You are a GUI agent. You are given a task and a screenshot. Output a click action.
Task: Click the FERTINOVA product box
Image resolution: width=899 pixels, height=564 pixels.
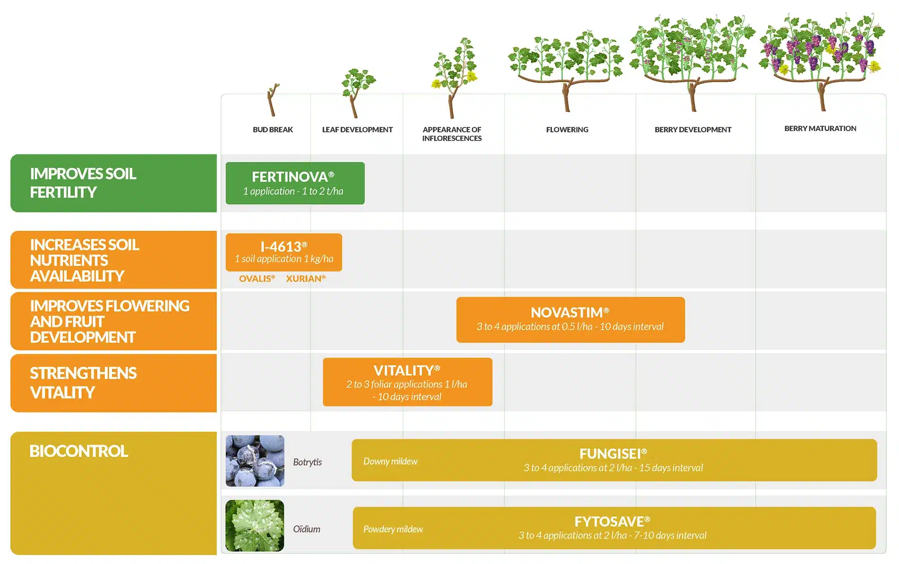pos(295,183)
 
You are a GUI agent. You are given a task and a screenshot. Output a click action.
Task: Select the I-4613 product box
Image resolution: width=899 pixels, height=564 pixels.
pos(284,252)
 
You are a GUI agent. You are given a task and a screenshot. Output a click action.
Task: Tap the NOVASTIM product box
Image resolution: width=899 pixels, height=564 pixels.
pos(570,320)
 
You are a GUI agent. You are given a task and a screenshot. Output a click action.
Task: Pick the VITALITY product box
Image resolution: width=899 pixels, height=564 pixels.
pos(407,382)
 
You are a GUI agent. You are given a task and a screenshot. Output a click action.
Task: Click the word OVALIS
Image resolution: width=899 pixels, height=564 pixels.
pos(257,278)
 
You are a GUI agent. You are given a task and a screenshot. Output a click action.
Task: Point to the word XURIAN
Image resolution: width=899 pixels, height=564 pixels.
pos(306,278)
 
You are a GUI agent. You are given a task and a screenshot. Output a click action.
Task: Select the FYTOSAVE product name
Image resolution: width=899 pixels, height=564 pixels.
pos(612,521)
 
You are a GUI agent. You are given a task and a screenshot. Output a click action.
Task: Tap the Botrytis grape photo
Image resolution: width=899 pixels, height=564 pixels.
pos(255,461)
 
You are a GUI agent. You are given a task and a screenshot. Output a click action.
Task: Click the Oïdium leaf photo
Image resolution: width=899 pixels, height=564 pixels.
pos(255,526)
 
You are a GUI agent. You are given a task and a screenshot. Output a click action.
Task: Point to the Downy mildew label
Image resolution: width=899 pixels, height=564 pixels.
pos(391,461)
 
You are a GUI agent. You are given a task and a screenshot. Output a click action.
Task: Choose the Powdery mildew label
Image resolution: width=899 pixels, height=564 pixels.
pos(393,529)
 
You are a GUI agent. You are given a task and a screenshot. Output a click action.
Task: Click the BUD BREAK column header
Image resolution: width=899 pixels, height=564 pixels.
pos(273,130)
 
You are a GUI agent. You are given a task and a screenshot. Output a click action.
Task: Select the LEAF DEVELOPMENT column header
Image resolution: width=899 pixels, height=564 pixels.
pos(357,130)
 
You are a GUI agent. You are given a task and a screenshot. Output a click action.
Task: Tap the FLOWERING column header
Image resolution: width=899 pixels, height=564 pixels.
pos(567,130)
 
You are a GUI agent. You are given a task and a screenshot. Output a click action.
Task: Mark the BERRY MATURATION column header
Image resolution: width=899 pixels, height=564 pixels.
pos(820,129)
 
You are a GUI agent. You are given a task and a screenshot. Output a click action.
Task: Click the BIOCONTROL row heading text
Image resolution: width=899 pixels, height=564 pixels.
pos(79,451)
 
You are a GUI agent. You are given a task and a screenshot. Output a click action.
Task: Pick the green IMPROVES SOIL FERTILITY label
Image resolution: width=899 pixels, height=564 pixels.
pos(113,183)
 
